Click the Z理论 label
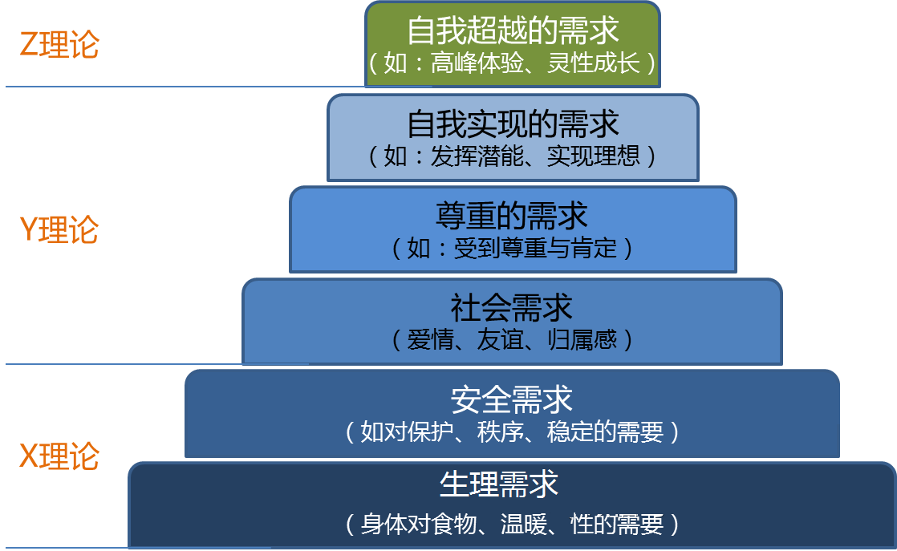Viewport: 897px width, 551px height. [59, 45]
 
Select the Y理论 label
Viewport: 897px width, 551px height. [59, 231]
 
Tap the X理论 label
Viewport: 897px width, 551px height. [59, 456]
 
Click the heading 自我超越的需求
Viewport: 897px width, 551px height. [513, 31]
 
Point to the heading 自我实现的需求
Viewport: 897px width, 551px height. [513, 124]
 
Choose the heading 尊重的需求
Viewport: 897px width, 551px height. [513, 216]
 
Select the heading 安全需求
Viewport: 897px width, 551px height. [512, 399]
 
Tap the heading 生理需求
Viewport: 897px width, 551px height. [499, 485]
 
